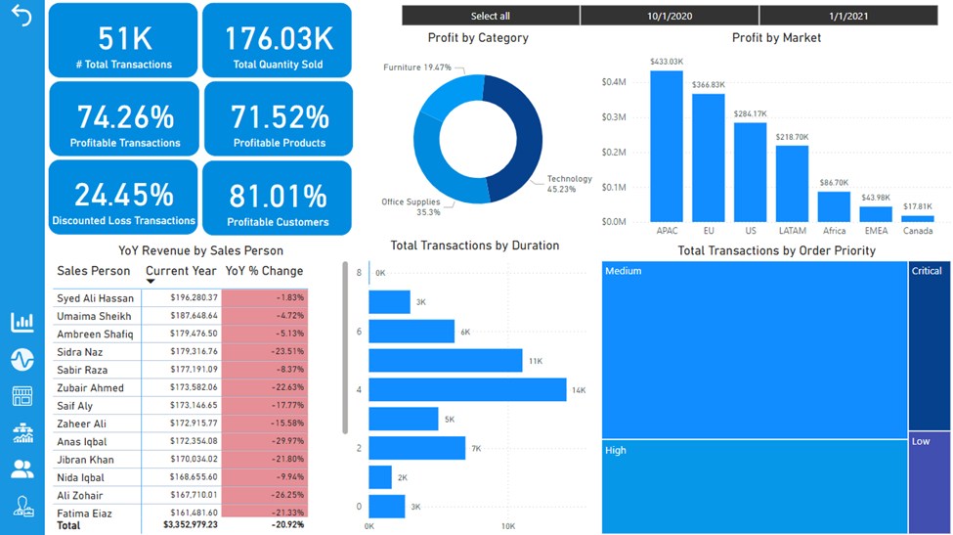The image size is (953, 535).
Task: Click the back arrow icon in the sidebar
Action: [x=22, y=18]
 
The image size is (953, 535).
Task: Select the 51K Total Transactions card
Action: [x=122, y=40]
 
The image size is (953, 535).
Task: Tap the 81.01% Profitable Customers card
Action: [x=278, y=198]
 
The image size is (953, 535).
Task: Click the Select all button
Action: [x=491, y=16]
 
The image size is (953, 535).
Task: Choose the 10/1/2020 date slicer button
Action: [x=670, y=16]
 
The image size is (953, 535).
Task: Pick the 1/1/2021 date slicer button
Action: [x=848, y=16]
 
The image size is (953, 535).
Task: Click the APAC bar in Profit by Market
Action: [x=667, y=147]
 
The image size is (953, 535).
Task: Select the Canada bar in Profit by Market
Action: [x=918, y=218]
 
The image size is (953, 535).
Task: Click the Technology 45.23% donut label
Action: [x=569, y=184]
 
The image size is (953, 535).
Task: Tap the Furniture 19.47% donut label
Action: [x=416, y=67]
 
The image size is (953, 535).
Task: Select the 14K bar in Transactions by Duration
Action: [x=467, y=390]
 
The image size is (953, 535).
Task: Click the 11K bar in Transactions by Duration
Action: [x=445, y=361]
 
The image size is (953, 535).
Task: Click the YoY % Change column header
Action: [x=264, y=271]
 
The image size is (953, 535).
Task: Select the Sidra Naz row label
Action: [x=80, y=352]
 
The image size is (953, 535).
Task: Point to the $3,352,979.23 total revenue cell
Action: [x=191, y=525]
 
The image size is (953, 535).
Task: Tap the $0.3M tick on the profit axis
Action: [x=614, y=117]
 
